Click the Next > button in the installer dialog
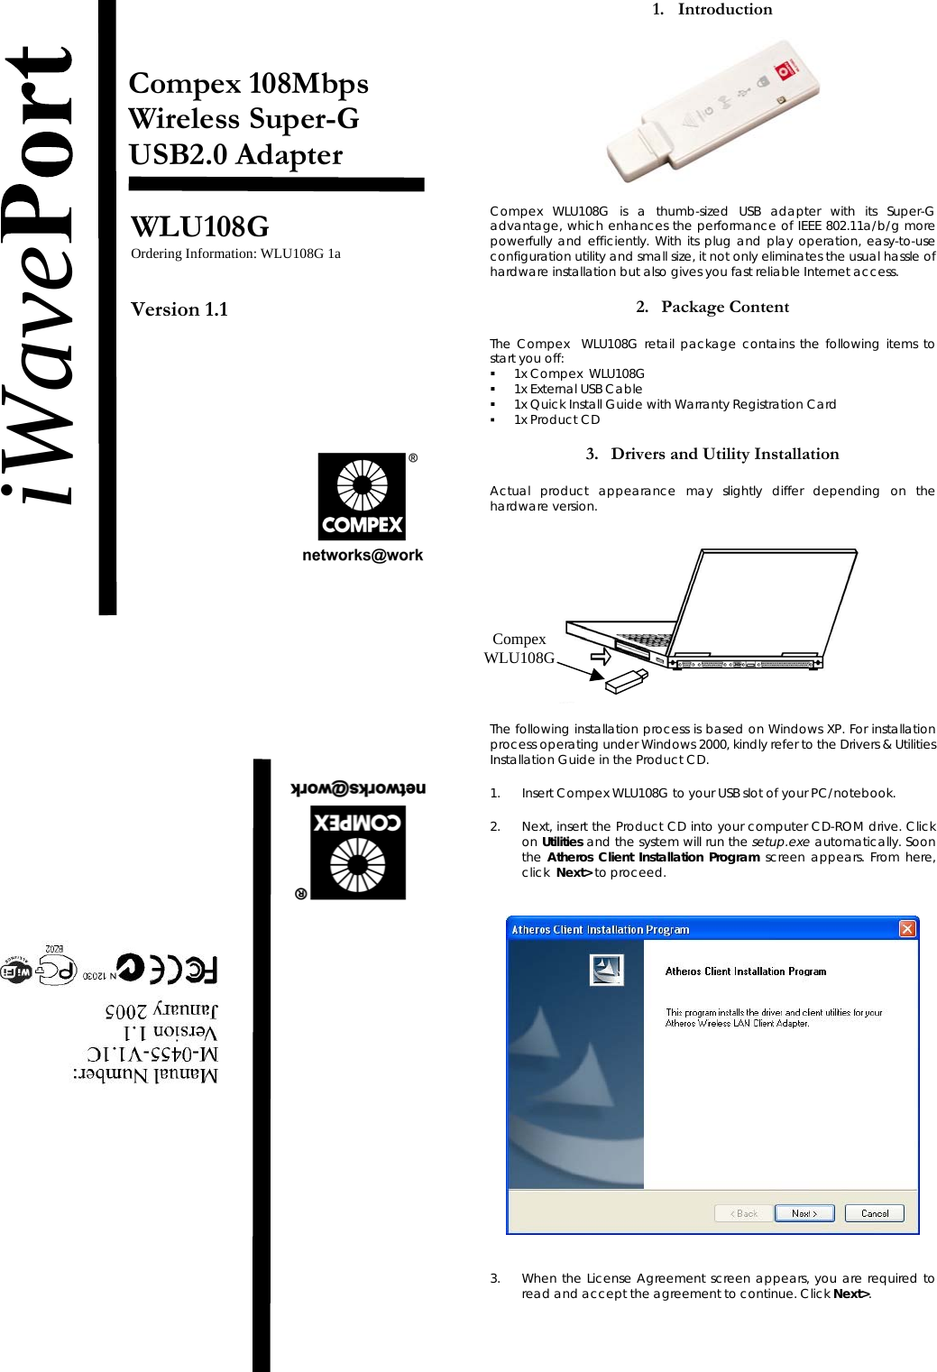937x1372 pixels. (x=804, y=1213)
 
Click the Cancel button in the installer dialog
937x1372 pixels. (x=874, y=1213)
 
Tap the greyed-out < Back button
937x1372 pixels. (x=744, y=1213)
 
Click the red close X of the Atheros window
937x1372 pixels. (x=907, y=928)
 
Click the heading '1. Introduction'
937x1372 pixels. (x=712, y=9)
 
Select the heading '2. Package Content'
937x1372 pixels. (x=712, y=307)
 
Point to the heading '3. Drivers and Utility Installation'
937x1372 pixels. (x=712, y=454)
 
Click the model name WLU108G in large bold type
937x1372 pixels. (x=199, y=226)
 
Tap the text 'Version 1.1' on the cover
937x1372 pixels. (x=179, y=309)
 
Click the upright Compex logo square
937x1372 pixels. (x=362, y=496)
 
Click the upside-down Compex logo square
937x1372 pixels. (x=358, y=852)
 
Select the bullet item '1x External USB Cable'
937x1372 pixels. (x=577, y=389)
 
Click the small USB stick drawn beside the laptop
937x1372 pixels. (x=626, y=681)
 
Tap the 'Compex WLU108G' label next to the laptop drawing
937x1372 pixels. (x=519, y=648)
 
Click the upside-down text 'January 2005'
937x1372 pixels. (x=161, y=1009)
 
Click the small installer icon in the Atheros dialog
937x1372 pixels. (x=606, y=970)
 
